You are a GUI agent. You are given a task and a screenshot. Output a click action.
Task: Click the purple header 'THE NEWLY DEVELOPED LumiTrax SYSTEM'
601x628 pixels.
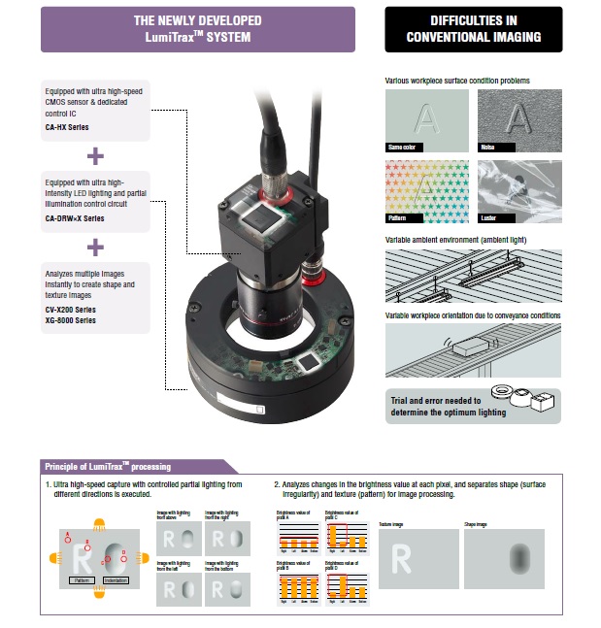[x=197, y=28]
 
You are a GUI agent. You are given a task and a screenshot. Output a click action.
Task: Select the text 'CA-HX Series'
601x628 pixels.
[x=71, y=127]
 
